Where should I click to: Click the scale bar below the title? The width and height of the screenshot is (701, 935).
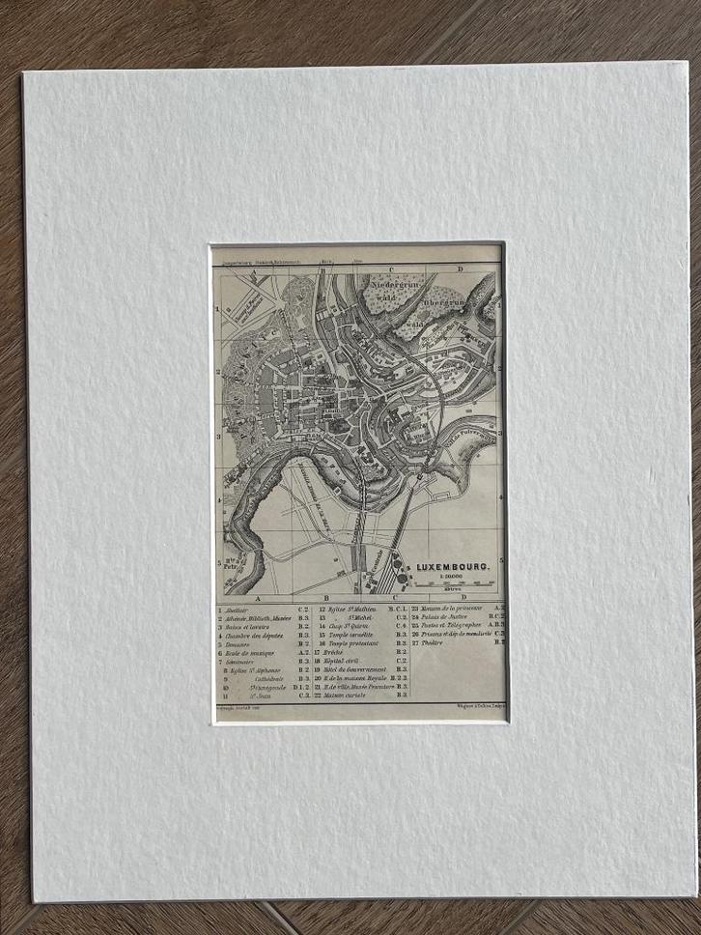[x=454, y=583]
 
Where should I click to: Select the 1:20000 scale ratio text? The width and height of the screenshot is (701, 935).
[x=450, y=575]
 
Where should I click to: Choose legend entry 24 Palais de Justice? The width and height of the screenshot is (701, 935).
[x=446, y=617]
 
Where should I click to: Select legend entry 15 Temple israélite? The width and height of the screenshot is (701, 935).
[x=348, y=635]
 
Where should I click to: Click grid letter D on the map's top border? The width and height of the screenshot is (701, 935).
[x=461, y=269]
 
